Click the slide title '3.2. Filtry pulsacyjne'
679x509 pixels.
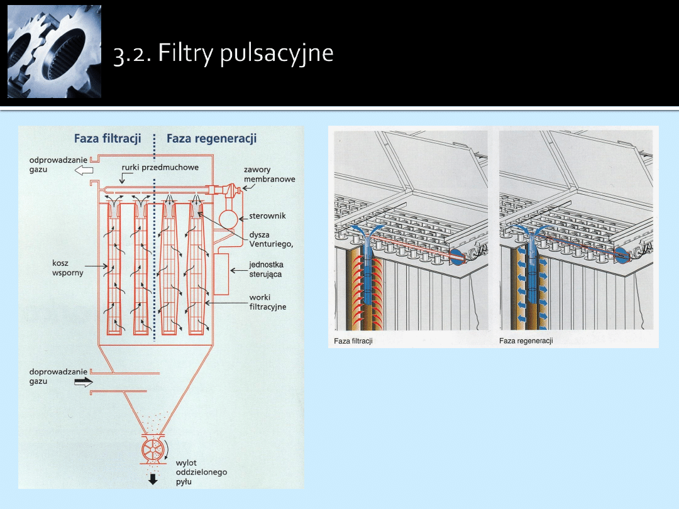(x=223, y=53)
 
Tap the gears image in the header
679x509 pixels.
(x=54, y=52)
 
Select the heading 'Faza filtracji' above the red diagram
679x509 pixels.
(x=108, y=138)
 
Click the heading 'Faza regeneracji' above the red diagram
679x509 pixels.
(x=211, y=138)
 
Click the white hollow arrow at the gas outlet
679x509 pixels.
(x=84, y=170)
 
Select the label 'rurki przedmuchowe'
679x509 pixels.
(x=160, y=167)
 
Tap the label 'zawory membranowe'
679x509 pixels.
(x=269, y=174)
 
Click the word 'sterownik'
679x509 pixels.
(x=267, y=216)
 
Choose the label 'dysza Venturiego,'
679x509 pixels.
(x=271, y=240)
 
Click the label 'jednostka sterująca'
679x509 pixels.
(x=266, y=270)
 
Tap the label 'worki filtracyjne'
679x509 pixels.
(x=267, y=302)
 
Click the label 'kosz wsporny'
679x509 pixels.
(x=68, y=268)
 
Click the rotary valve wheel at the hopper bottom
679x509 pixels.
(x=153, y=450)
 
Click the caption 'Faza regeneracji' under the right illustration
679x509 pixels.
(x=526, y=341)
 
